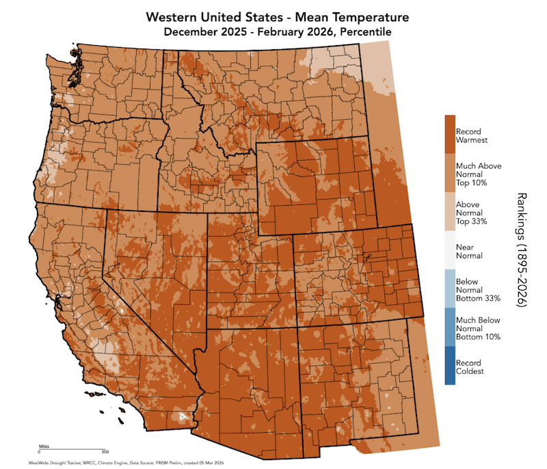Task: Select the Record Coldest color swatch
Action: [450, 366]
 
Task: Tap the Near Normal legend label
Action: [469, 251]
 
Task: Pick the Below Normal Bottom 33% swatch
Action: [450, 289]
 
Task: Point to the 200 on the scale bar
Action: [105, 453]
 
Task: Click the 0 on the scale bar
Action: [39, 453]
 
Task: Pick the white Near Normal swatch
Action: [450, 250]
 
